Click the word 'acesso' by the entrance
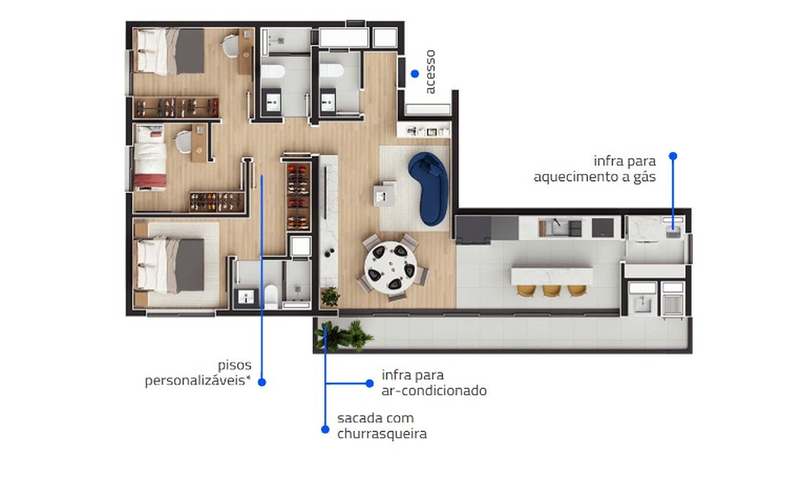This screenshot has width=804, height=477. point(430,71)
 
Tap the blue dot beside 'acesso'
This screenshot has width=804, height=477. point(415,73)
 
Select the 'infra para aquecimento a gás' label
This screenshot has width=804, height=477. point(594,169)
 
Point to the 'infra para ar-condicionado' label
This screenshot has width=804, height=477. point(433,383)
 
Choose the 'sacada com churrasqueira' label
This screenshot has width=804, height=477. point(382,426)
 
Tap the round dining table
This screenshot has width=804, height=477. point(390,264)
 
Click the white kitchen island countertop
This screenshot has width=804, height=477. point(553,275)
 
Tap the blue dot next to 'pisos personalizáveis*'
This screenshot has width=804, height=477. point(262,382)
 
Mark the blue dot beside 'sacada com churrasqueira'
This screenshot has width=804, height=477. point(324,429)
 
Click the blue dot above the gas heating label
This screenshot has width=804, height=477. point(672,156)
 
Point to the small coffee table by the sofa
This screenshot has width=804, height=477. point(385,192)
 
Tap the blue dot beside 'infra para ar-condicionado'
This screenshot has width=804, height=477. point(369,383)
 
